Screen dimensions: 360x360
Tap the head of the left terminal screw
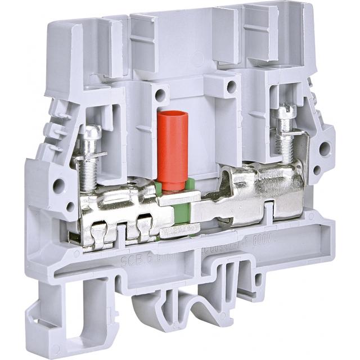[90, 133]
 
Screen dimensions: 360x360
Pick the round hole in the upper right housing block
[231, 86]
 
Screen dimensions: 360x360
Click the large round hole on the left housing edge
[57, 185]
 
